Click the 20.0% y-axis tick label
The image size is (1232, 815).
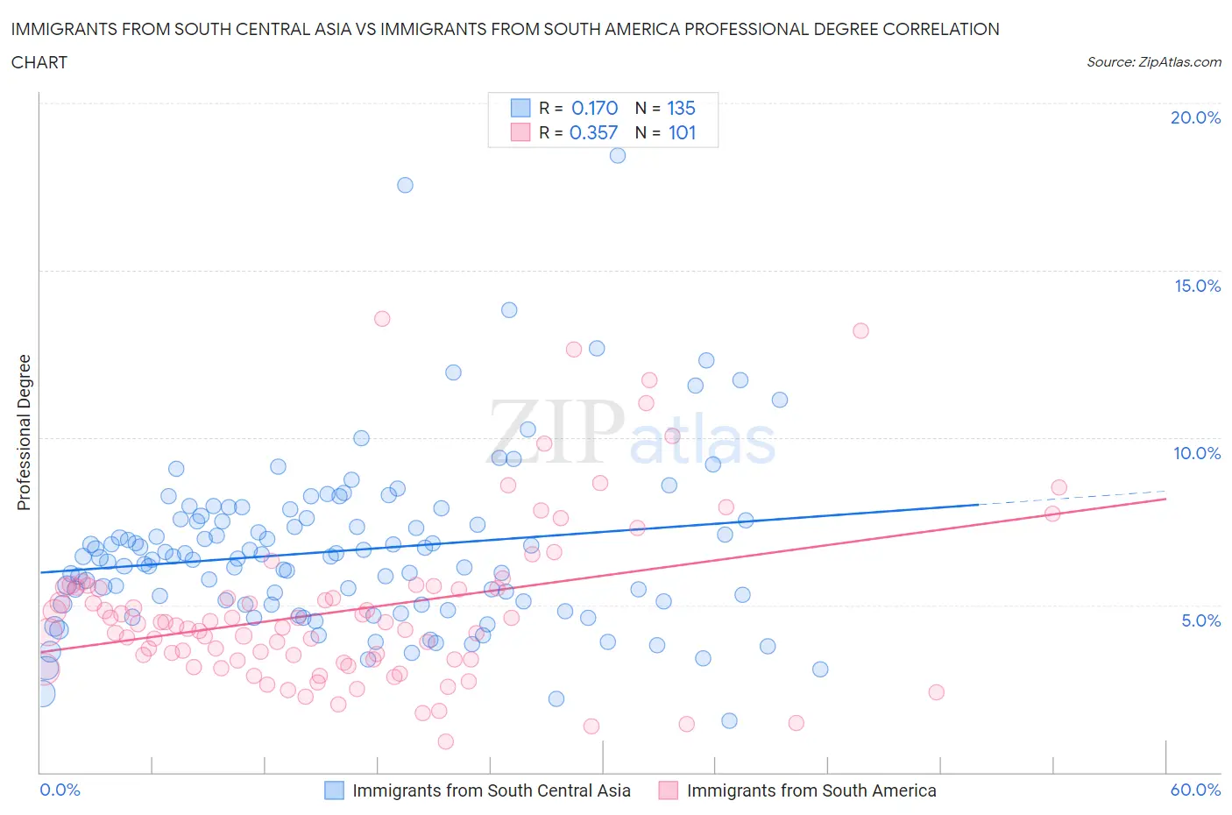tap(1195, 117)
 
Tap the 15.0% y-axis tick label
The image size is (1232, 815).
tap(1197, 286)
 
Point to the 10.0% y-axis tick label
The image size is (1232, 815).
tap(1197, 453)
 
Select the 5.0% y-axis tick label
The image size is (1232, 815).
tap(1200, 620)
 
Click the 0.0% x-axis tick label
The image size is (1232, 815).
tap(60, 790)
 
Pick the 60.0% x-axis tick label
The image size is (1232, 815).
tap(1195, 790)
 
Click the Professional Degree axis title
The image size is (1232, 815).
tap(24, 432)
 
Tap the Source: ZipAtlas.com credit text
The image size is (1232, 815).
tap(1153, 62)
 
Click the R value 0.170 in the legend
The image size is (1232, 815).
tap(594, 108)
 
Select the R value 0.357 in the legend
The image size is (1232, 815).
tap(593, 132)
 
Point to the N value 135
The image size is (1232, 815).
tap(681, 108)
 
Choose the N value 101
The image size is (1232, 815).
tap(682, 132)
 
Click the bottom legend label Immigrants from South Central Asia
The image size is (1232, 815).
tap(491, 790)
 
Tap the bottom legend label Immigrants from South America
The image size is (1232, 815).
tap(811, 790)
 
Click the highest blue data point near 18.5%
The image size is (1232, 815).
tap(617, 155)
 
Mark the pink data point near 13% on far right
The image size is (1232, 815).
tap(860, 330)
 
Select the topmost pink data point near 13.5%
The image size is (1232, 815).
tap(382, 318)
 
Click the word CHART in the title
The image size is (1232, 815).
tap(39, 62)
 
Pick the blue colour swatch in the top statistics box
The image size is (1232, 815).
tap(520, 108)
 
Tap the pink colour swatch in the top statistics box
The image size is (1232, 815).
tap(520, 132)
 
